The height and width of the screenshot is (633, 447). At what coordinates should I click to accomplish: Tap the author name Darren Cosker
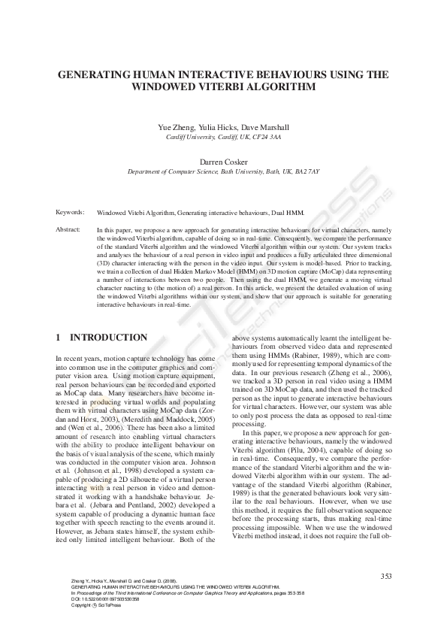223,162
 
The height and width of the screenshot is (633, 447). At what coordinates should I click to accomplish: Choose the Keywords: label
70,213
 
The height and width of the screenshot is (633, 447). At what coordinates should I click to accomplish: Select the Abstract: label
68,229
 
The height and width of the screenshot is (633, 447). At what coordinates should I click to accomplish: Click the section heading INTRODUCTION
108,338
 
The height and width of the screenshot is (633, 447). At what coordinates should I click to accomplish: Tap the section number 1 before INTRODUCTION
59,338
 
